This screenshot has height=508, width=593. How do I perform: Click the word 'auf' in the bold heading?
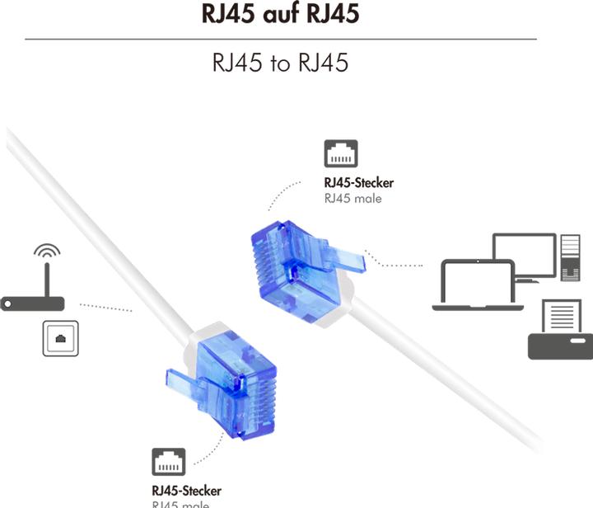click(x=281, y=14)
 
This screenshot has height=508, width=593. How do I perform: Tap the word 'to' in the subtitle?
click(x=280, y=63)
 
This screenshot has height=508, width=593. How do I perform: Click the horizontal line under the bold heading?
click(x=280, y=39)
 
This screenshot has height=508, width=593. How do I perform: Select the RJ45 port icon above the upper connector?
click(x=340, y=154)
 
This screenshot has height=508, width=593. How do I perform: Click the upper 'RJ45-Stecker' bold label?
click(x=358, y=183)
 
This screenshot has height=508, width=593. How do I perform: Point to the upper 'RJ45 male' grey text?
click(x=353, y=198)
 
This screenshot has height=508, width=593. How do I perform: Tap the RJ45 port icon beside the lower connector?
click(x=168, y=463)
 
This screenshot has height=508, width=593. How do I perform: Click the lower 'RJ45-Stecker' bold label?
click(x=186, y=491)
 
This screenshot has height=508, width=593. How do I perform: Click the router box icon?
click(x=32, y=303)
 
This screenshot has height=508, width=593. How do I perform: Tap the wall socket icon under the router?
click(x=60, y=338)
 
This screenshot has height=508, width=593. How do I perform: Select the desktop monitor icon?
click(x=524, y=255)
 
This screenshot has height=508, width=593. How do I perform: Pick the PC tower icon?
click(x=570, y=257)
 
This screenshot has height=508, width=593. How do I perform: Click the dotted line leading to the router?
click(x=106, y=308)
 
